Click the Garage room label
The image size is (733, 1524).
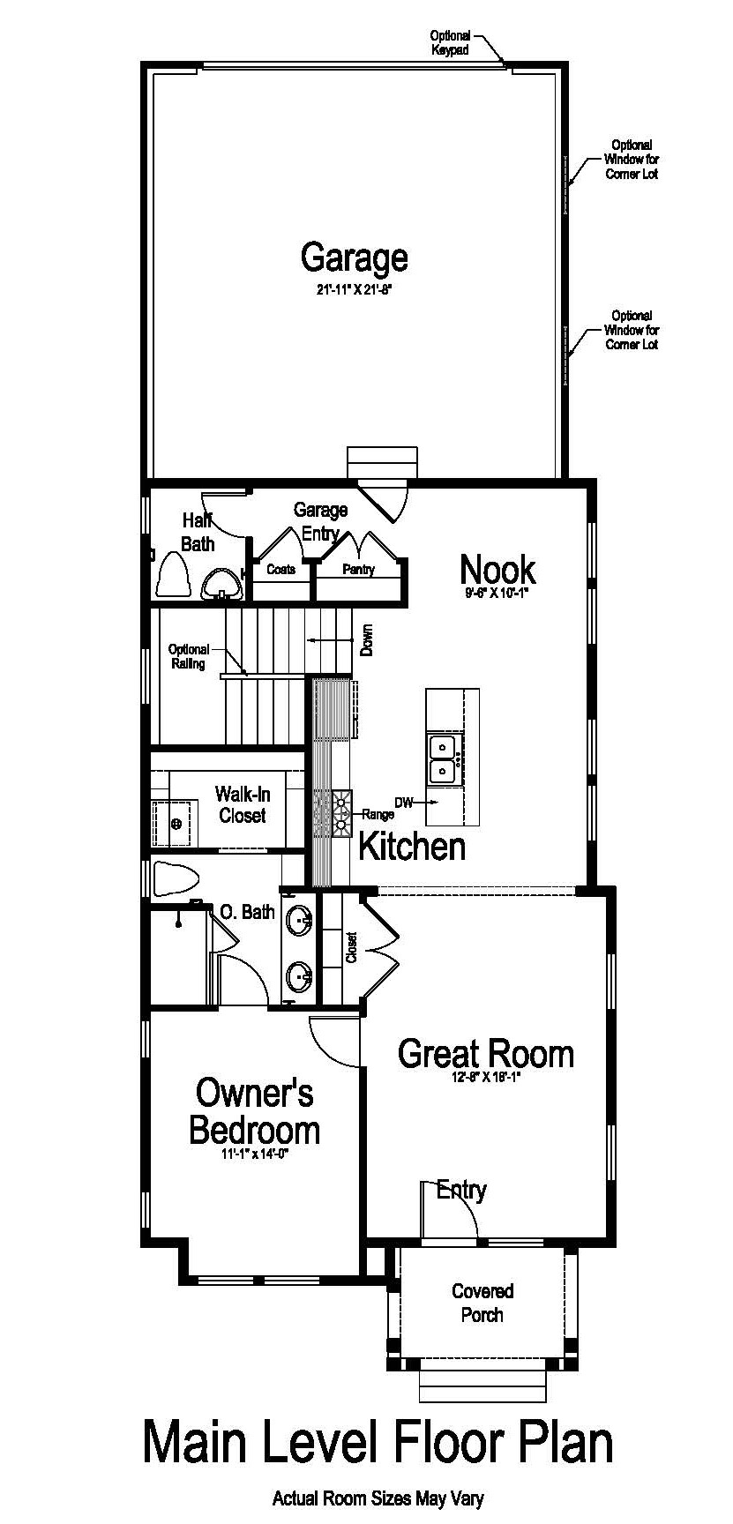(354, 258)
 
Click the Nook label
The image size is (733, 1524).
(497, 570)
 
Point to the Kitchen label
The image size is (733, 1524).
(412, 846)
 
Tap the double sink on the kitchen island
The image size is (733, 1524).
(441, 759)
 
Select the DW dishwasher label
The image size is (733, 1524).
(403, 803)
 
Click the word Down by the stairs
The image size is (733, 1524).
(367, 641)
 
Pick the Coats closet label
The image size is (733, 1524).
(280, 569)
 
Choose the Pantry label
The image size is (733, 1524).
(359, 570)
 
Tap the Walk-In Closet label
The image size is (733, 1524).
(243, 805)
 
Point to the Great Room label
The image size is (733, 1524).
(485, 1054)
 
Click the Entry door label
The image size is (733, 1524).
(461, 1191)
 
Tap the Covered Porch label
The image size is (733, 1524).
(482, 1303)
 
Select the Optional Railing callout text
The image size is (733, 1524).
(189, 657)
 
